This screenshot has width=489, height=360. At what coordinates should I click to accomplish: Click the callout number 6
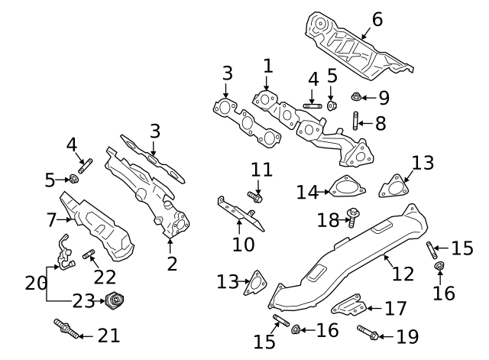click(x=376, y=19)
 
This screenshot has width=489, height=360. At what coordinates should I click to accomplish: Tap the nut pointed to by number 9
click(x=357, y=97)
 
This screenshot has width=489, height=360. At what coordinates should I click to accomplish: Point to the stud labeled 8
click(x=357, y=121)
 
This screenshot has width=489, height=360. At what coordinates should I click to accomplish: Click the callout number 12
click(x=403, y=272)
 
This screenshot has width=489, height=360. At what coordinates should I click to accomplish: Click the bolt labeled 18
click(x=352, y=217)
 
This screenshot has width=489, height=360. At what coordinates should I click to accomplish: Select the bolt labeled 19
click(x=367, y=332)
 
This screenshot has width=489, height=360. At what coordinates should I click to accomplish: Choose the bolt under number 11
click(x=254, y=197)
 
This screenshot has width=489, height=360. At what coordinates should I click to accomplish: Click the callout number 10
click(x=244, y=245)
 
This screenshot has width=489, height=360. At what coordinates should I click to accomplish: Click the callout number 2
click(x=172, y=264)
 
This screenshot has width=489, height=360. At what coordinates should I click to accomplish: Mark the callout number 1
click(x=267, y=66)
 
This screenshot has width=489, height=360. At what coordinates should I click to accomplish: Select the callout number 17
click(x=395, y=309)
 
